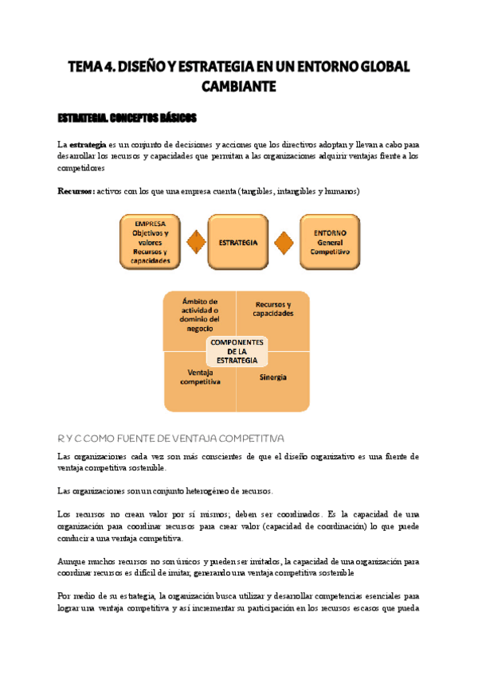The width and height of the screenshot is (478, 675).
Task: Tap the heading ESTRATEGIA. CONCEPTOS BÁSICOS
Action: tap(127, 119)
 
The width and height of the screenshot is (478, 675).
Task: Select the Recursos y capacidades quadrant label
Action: tap(272, 309)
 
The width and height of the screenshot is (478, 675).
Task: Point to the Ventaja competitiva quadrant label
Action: tap(199, 377)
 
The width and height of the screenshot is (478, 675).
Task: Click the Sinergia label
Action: tap(272, 377)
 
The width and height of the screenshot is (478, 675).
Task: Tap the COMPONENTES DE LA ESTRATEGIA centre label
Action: tap(237, 351)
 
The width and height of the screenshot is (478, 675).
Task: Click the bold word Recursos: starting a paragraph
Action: tap(76, 192)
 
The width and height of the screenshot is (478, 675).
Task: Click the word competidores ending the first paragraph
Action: tap(81, 169)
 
